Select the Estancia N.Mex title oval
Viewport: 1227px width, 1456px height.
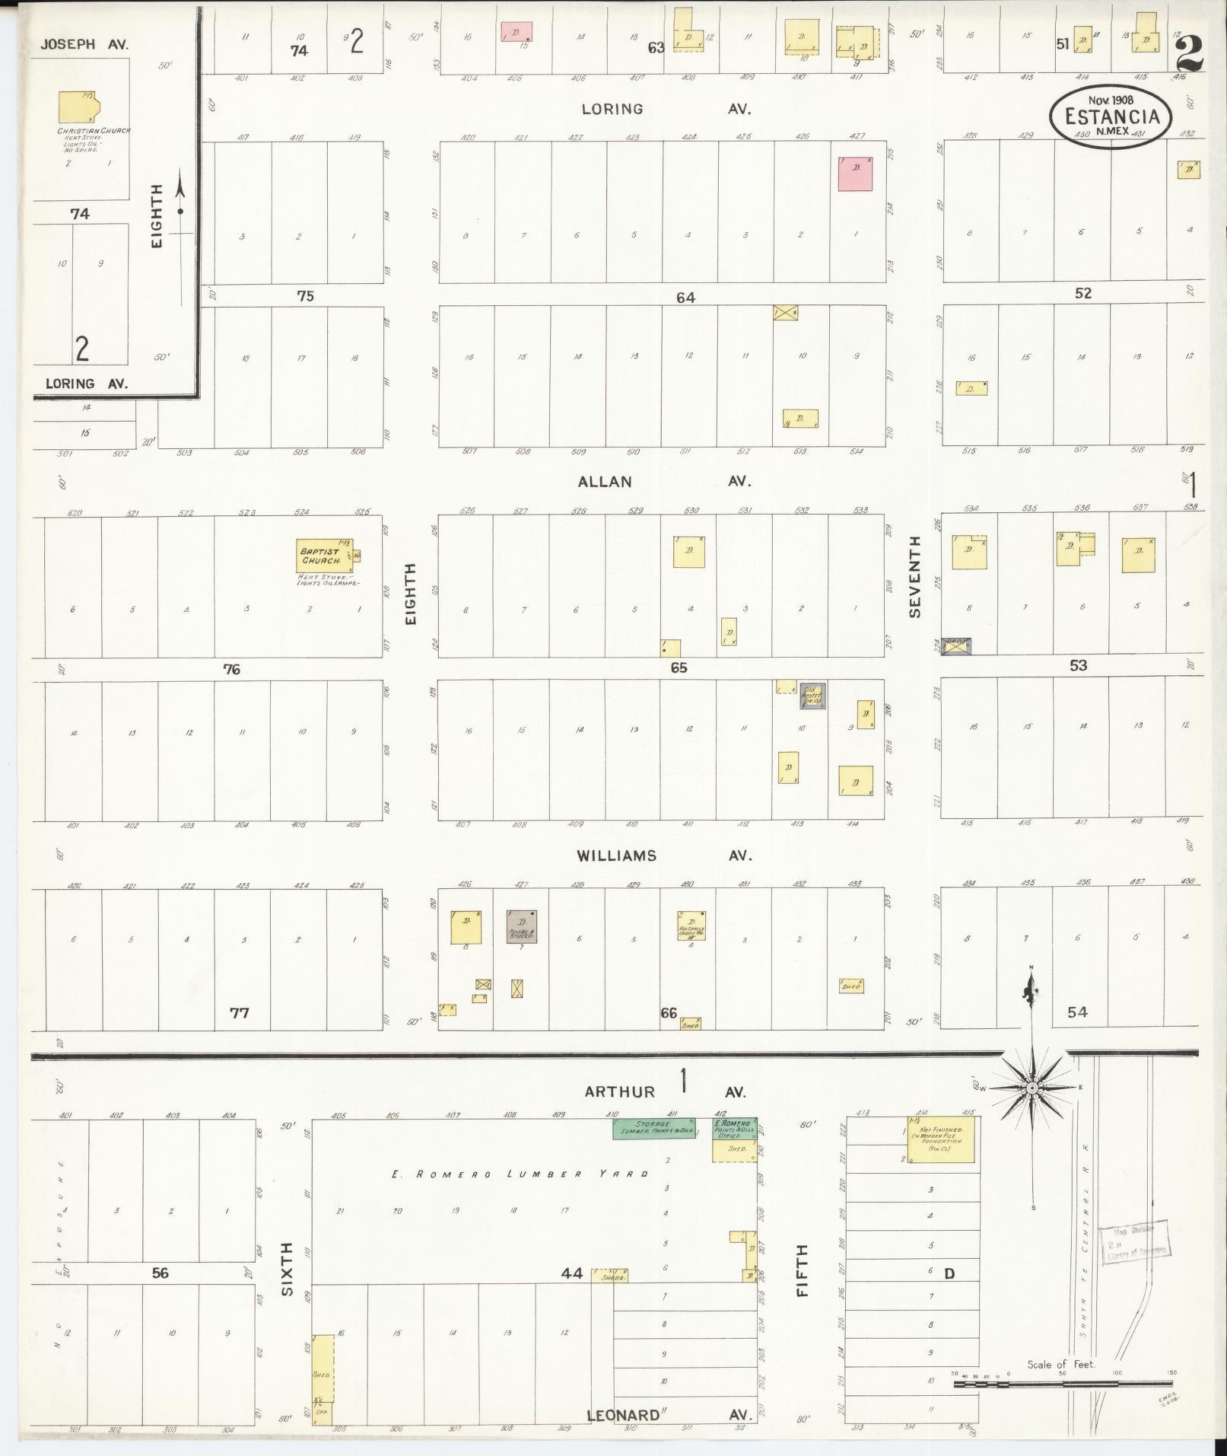click(x=1111, y=116)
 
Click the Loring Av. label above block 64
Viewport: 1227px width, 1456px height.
click(x=665, y=109)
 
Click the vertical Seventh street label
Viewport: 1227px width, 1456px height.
click(x=914, y=576)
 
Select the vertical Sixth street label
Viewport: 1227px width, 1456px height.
click(x=286, y=1269)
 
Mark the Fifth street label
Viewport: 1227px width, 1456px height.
click(x=802, y=1270)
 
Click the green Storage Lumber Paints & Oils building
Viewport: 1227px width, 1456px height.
click(x=654, y=1128)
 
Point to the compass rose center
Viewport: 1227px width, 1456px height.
click(x=1032, y=1089)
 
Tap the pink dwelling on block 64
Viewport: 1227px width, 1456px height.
click(x=856, y=174)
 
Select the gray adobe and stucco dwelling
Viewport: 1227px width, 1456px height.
click(x=522, y=926)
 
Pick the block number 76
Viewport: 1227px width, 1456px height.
click(x=231, y=669)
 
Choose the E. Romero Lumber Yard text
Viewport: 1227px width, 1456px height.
click(x=520, y=1174)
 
